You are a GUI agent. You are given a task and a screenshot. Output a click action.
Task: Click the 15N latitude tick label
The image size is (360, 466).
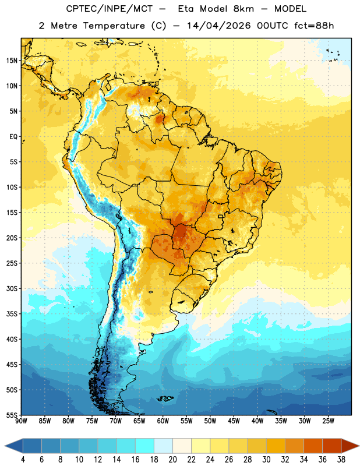(12, 61)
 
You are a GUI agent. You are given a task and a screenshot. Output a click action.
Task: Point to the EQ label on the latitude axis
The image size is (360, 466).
(13, 137)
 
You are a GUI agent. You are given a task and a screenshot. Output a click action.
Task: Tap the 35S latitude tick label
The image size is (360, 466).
(12, 314)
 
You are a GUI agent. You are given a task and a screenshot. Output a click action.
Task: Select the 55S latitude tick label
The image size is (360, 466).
(12, 415)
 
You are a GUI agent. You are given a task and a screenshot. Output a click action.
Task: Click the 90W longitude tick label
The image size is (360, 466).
(21, 421)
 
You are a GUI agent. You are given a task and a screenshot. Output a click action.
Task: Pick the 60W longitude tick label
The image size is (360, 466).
(163, 421)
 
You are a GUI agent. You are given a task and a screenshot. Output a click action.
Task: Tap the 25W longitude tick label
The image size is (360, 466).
(328, 421)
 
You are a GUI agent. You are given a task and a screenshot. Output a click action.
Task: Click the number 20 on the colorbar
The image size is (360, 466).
(172, 460)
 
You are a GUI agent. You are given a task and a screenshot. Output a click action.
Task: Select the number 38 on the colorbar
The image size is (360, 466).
(341, 460)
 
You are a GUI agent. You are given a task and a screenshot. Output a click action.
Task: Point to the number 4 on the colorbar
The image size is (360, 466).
(23, 460)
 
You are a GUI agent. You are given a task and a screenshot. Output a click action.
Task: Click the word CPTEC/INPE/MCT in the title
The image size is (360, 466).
(110, 9)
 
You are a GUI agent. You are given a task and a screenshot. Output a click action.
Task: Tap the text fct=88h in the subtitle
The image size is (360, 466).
(314, 26)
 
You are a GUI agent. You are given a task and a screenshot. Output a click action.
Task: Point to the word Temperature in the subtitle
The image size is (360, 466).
(114, 26)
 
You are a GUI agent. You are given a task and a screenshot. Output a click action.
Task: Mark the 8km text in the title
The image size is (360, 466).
(243, 9)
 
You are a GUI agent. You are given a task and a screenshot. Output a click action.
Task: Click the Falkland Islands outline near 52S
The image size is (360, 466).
(165, 398)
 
